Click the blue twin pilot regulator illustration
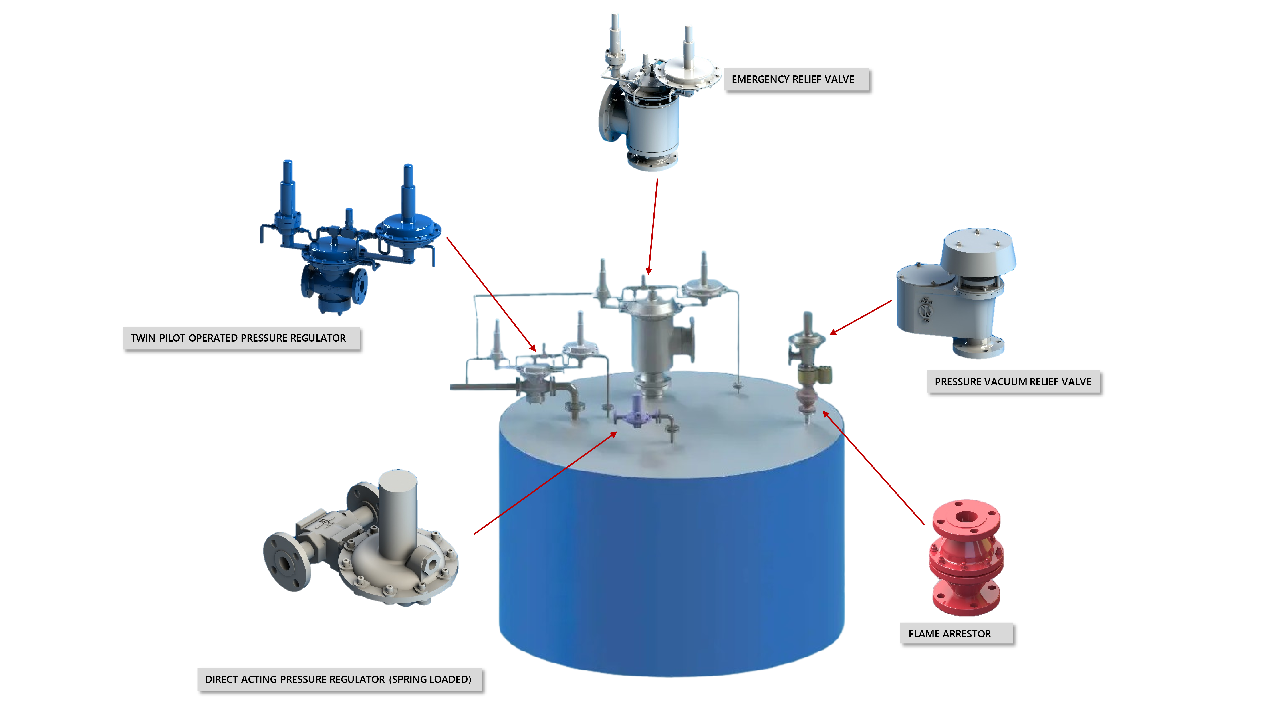tap(349, 241)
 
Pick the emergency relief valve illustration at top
tap(649, 98)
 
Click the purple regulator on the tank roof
tap(637, 413)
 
